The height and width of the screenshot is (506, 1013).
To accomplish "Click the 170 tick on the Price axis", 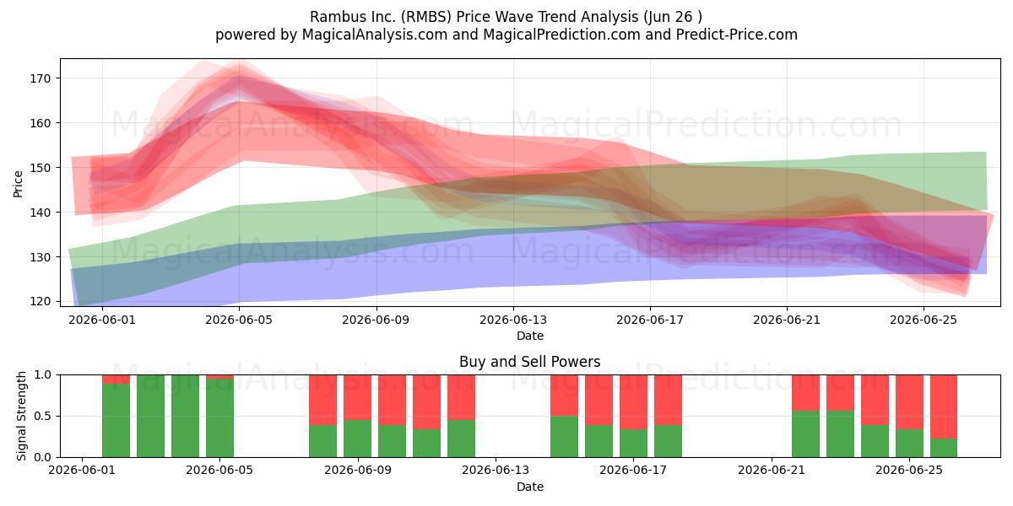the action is click(x=41, y=78).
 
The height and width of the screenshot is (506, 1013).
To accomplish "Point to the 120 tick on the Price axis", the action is click(x=41, y=301).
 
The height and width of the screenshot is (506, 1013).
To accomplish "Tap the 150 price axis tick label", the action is click(x=41, y=168).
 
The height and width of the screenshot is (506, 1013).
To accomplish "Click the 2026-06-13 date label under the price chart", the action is click(x=513, y=320).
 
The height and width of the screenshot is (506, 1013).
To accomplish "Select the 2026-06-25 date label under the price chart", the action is click(x=924, y=320).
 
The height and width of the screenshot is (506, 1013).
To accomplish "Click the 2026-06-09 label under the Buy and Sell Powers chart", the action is click(x=358, y=471).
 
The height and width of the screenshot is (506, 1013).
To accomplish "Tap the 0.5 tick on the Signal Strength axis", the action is click(x=42, y=416).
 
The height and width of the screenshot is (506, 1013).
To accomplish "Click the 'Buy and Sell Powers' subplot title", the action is click(x=529, y=362).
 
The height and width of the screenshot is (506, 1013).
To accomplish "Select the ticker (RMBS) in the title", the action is click(x=426, y=17).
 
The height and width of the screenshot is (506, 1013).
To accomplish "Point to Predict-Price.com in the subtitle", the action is click(x=737, y=35).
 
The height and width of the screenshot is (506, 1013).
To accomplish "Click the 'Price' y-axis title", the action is click(x=18, y=184).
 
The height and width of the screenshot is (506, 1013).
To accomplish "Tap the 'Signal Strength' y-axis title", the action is click(x=21, y=416).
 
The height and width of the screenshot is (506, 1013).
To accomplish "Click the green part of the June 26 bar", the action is click(x=944, y=448).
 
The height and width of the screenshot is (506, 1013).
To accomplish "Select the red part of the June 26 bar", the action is click(x=944, y=406).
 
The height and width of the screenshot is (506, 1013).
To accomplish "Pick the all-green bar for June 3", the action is click(x=150, y=416).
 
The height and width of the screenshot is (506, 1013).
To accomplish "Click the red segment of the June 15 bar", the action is click(x=564, y=396).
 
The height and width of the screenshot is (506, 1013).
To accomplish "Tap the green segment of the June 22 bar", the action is click(x=805, y=433).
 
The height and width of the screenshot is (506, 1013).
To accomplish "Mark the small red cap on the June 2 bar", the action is click(x=116, y=379).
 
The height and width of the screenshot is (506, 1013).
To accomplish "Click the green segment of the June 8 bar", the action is click(x=322, y=441).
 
